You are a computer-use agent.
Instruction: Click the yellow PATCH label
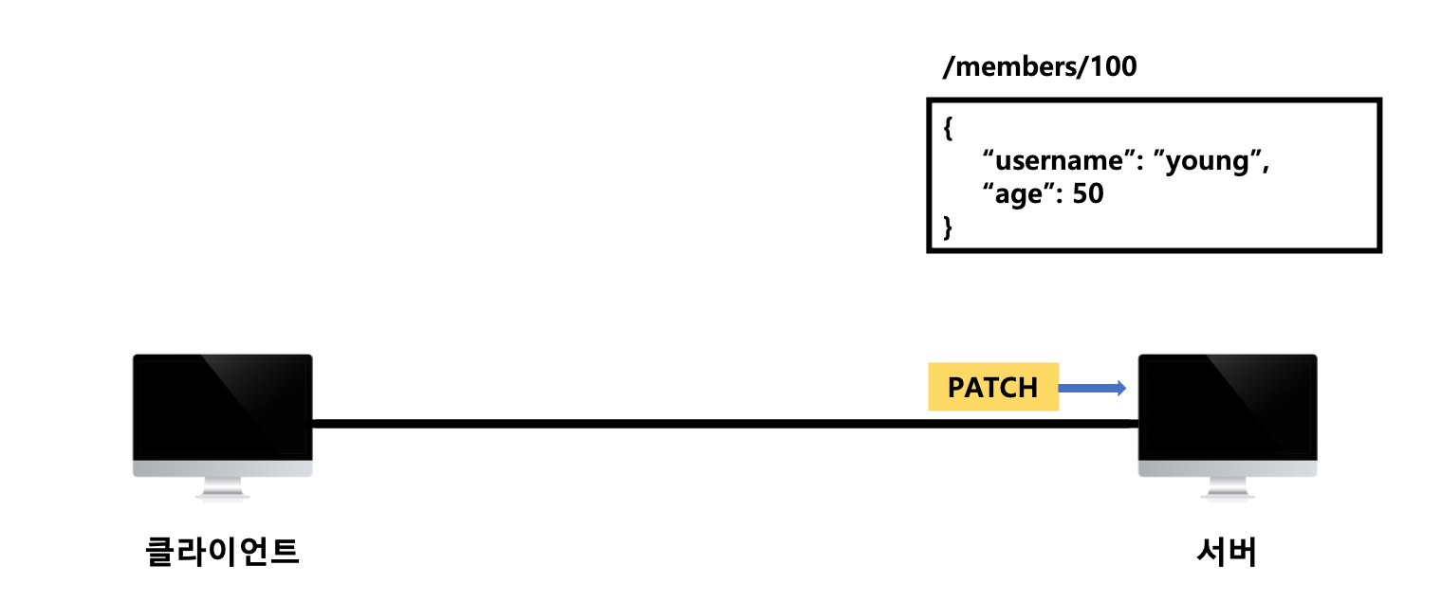992,387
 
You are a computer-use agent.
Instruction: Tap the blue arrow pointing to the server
1092,387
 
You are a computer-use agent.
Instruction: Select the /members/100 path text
1039,67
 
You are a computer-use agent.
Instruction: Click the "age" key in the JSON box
1017,194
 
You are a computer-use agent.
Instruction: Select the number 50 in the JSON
1087,194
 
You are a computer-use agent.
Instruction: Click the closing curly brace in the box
948,227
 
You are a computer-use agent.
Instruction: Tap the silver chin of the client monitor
222,469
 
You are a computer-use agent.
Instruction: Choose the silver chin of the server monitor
1228,469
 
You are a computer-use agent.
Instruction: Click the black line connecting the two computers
664,424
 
